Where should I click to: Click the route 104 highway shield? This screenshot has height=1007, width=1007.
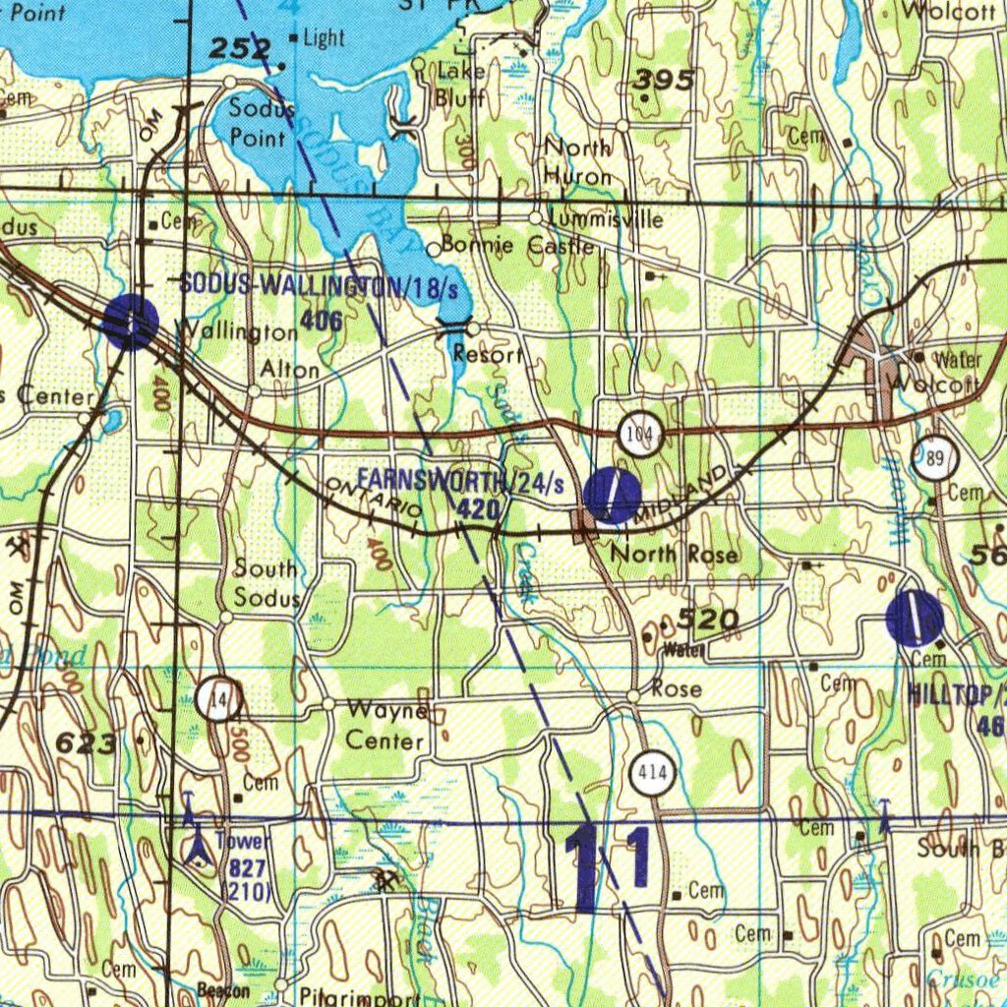(640, 434)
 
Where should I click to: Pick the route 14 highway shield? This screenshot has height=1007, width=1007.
(217, 699)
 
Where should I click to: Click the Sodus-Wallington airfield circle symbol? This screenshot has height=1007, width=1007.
(130, 321)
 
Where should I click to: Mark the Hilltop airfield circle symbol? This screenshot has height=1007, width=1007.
(915, 618)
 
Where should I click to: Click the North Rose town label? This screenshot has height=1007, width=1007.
(674, 555)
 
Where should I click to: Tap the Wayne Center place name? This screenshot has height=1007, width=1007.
(386, 725)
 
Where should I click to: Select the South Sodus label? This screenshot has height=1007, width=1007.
(266, 583)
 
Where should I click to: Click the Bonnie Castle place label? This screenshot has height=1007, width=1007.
(517, 245)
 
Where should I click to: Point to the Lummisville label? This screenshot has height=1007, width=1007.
(607, 218)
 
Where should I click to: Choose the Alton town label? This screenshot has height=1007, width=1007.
(290, 370)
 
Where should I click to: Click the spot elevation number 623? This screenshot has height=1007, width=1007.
(87, 744)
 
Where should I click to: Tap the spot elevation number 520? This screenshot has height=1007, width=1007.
(708, 620)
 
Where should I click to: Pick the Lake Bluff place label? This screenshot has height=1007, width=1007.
(460, 85)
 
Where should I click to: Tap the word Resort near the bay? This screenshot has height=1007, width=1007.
(489, 354)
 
